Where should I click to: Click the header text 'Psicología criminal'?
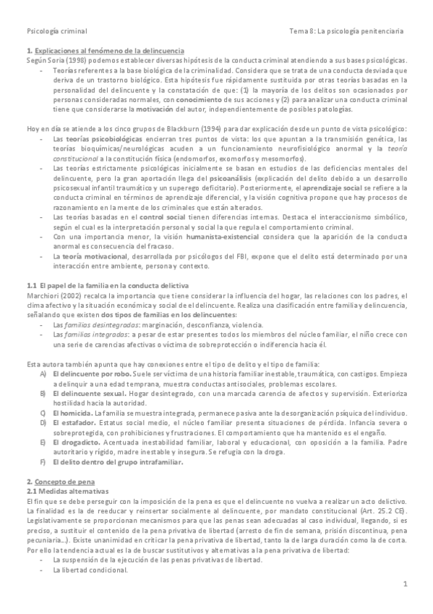point(56,31)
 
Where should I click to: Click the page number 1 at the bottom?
point(406,584)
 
